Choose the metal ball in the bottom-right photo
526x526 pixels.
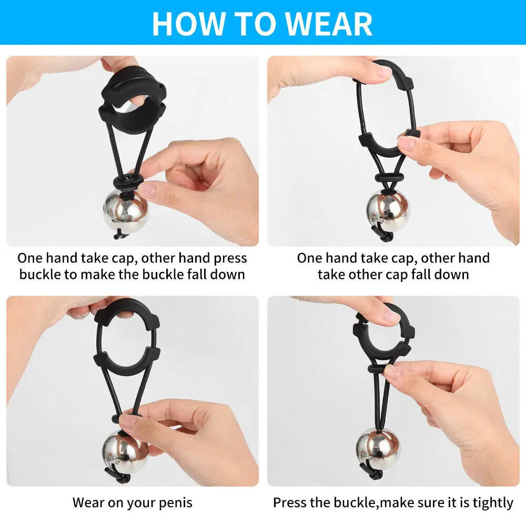tap(378, 448)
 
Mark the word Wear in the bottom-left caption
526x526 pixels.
tap(88, 502)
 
